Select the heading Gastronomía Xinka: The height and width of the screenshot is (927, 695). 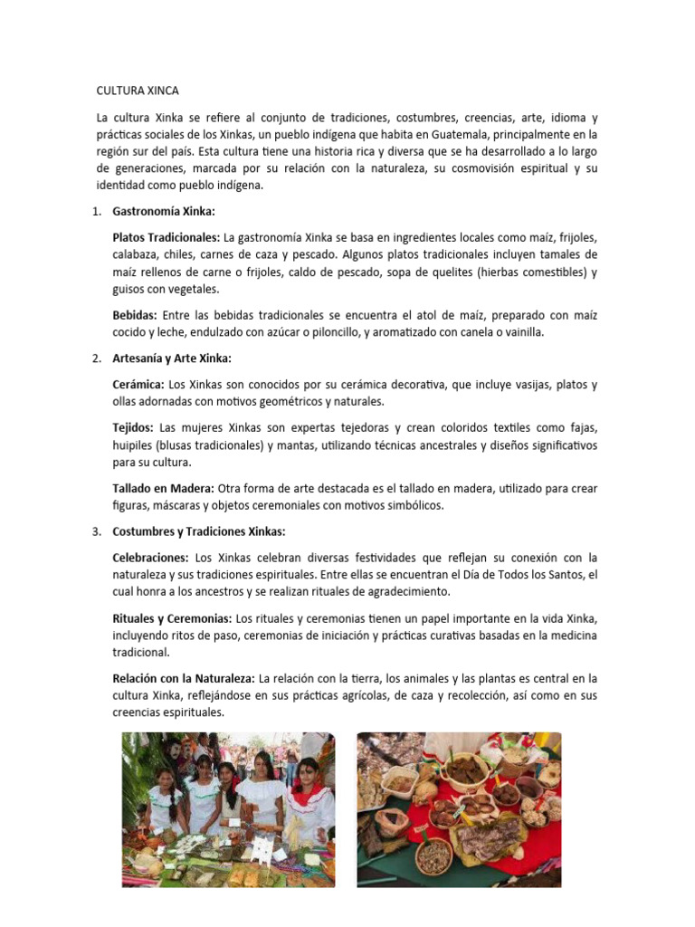point(163,211)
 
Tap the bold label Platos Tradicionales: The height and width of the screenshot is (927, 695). point(166,237)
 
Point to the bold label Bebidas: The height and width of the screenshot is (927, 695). point(135,315)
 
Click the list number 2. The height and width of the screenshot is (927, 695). point(96,358)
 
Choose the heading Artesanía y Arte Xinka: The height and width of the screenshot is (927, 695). point(172,358)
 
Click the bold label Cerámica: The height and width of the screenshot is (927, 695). point(138,385)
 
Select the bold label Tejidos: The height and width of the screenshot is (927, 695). point(132,427)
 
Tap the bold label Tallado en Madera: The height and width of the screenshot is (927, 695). point(163,488)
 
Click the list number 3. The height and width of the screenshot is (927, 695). point(96,531)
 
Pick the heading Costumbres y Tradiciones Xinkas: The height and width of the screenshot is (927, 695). point(198,531)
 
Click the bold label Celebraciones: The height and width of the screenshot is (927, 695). point(150,558)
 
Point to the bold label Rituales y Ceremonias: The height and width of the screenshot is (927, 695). point(172,618)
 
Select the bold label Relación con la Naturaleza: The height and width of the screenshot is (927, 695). point(184,678)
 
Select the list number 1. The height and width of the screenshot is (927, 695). point(96,211)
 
